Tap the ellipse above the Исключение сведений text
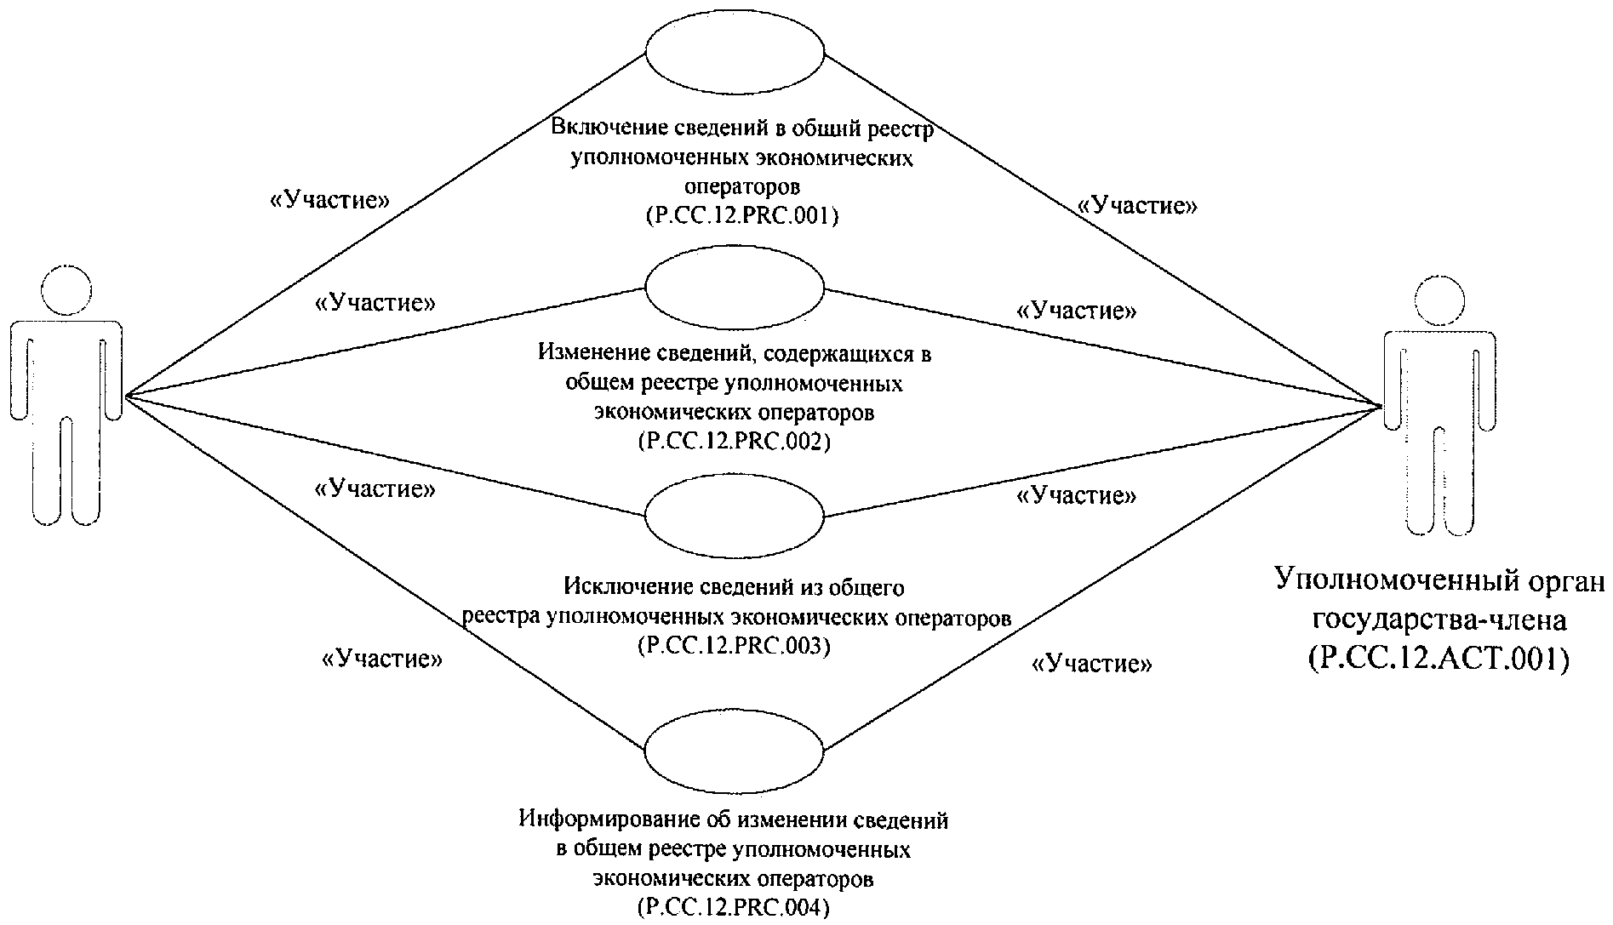735,517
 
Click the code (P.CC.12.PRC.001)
741,216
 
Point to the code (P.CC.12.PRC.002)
734,443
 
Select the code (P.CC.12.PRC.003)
734,647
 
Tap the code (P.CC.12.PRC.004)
734,908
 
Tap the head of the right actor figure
1439,301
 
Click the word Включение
607,128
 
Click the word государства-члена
1439,620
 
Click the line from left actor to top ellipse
383,226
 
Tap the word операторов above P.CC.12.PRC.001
741,186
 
